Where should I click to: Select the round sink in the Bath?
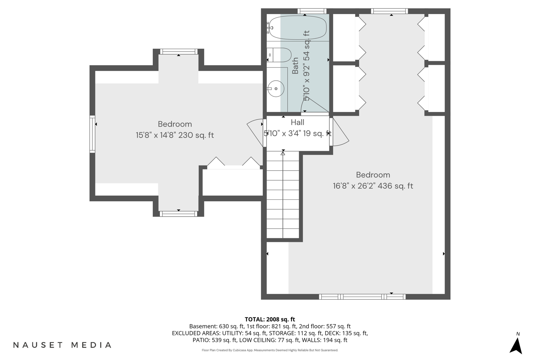(276, 89)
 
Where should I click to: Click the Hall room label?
(298, 122)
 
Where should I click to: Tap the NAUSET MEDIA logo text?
(62, 345)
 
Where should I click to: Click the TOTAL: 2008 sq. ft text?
(270, 319)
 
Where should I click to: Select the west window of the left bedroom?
(92, 134)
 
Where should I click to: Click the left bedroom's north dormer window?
(178, 52)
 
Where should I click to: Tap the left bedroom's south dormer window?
(178, 214)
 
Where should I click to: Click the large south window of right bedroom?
(362, 297)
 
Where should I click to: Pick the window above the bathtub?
(312, 11)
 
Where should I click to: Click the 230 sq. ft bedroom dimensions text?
(175, 135)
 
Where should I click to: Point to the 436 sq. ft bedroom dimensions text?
(373, 186)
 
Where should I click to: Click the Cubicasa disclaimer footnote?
(270, 350)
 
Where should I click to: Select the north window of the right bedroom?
(389, 11)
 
